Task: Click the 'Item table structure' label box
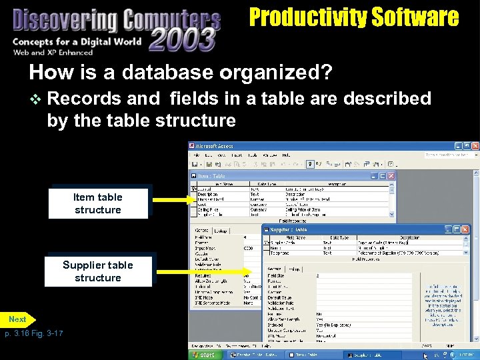(97, 203)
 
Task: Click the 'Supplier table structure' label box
(98, 271)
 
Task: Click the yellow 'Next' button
(18, 319)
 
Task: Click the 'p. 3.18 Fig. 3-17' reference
(33, 333)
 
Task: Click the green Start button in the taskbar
(203, 355)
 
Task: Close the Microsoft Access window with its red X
(474, 145)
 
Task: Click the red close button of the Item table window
(391, 176)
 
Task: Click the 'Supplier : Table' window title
(291, 229)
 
